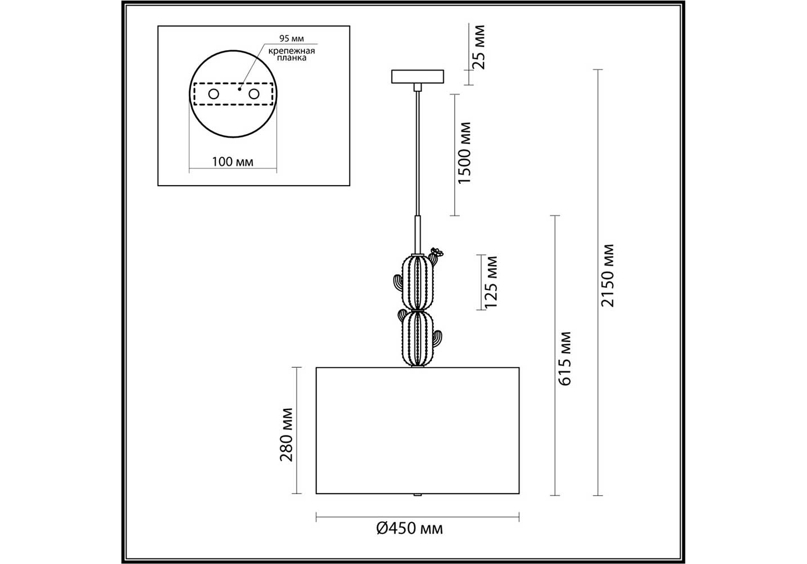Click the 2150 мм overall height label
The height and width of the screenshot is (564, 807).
(x=608, y=276)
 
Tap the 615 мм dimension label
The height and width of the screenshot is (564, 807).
(x=564, y=359)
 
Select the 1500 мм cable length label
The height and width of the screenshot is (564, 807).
(x=464, y=153)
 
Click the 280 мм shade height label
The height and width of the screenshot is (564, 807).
(x=286, y=434)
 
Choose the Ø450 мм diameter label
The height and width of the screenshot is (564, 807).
(x=409, y=528)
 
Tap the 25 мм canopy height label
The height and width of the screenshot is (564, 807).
(x=478, y=47)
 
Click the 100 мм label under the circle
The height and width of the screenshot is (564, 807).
(x=232, y=161)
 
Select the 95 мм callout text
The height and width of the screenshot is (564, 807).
(x=291, y=38)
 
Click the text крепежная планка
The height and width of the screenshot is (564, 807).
(x=291, y=54)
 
